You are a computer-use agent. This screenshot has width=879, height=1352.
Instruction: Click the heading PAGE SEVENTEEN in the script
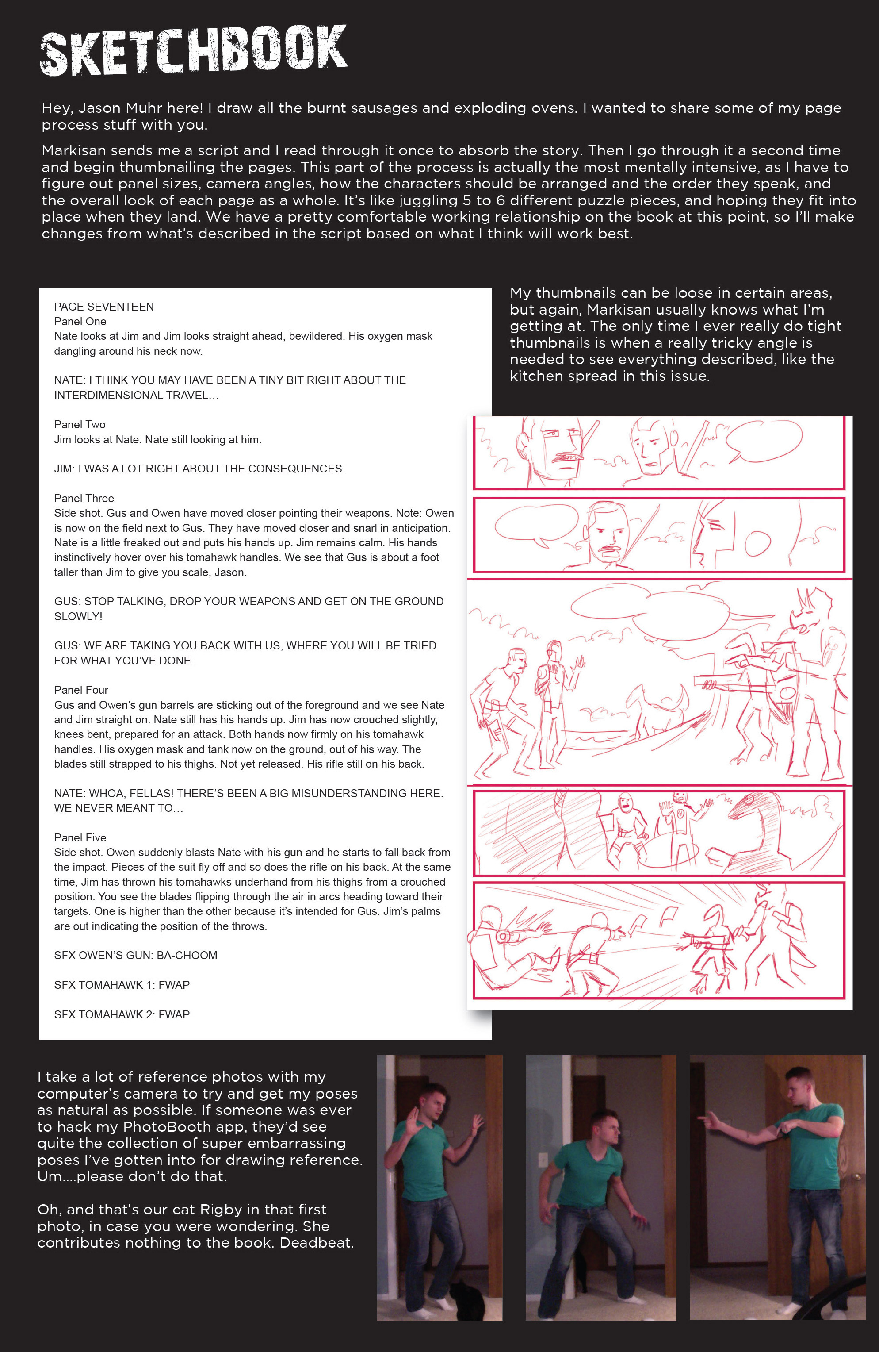(104, 307)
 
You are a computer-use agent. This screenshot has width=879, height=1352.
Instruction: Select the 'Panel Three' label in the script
(84, 498)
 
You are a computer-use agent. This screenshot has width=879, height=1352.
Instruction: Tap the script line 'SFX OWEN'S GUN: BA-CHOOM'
(136, 956)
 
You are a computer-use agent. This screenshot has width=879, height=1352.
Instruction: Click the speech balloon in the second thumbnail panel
(535, 522)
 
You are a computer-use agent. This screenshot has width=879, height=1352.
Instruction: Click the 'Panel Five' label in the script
(80, 837)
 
